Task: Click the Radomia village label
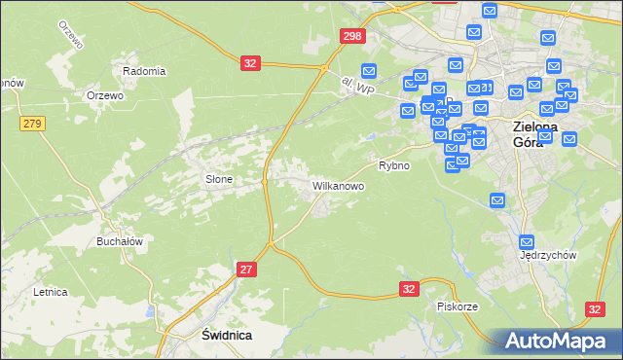coord(144,71)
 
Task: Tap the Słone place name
coord(218,179)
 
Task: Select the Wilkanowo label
coord(338,185)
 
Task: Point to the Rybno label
coord(394,166)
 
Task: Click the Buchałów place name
coord(120,241)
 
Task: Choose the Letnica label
coord(50,291)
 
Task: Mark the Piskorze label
coord(457,306)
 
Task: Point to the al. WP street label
coord(358,88)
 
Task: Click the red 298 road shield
coord(352,36)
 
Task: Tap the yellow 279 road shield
coord(32,123)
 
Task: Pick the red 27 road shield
coord(245,269)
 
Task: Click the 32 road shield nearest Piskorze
coord(409,289)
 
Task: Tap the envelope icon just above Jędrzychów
coord(528,240)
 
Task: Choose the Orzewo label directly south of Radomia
coord(104,95)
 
